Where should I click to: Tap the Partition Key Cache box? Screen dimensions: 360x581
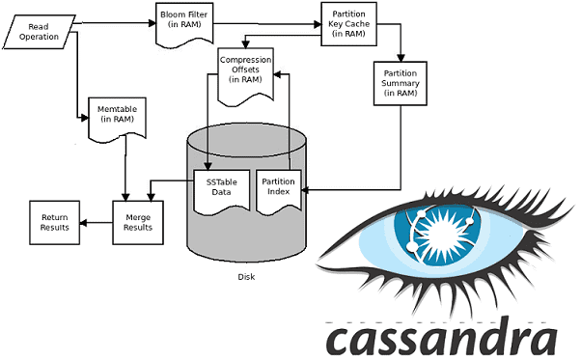346,24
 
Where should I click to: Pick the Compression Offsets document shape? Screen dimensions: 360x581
246,69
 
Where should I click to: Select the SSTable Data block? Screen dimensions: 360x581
220,187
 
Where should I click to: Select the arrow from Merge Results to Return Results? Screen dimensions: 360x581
96,222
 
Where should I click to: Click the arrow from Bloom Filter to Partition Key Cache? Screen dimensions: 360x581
265,17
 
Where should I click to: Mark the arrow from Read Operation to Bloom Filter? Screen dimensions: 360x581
111,17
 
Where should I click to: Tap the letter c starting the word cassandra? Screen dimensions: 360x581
340,339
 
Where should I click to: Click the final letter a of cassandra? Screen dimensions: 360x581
542,339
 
